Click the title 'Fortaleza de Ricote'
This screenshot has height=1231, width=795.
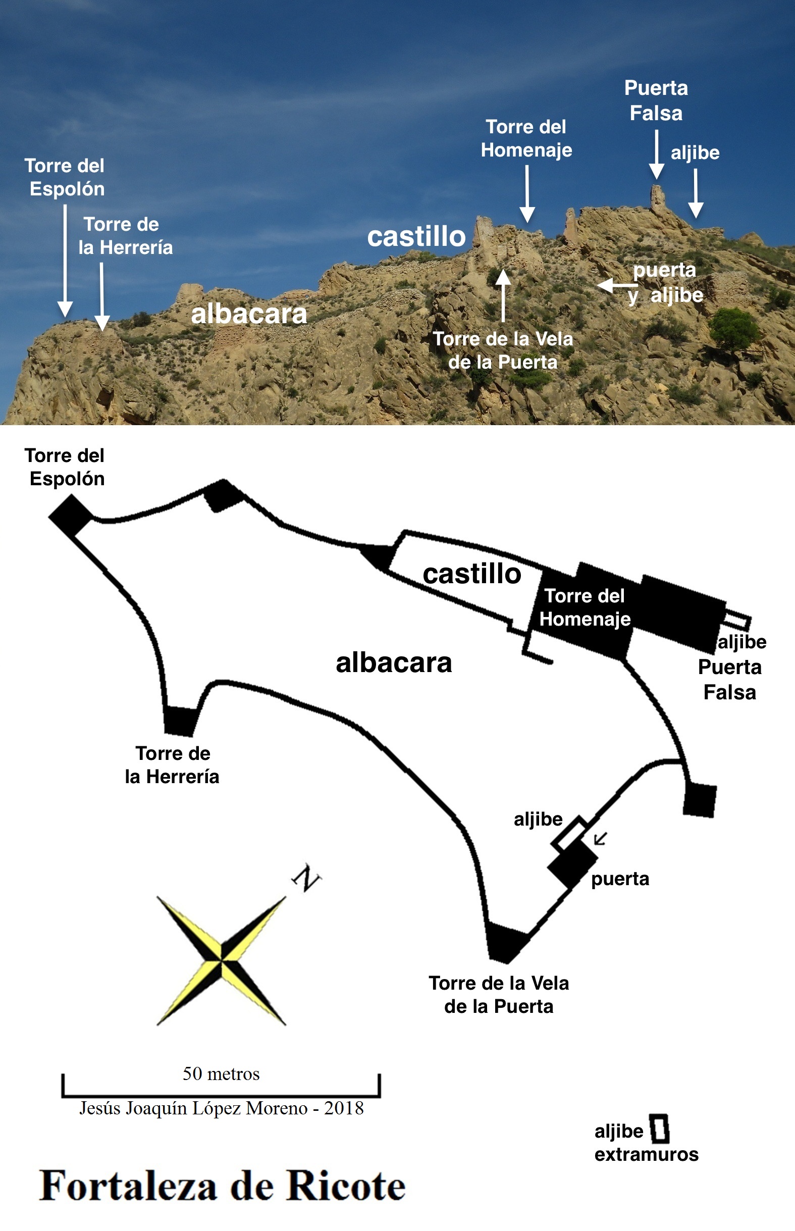(x=223, y=1186)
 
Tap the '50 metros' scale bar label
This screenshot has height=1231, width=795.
(x=221, y=1073)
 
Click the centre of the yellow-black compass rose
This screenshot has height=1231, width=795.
(x=222, y=960)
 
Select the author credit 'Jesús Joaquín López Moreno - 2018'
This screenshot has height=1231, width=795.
(x=221, y=1108)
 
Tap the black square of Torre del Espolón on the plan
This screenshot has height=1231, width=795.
(x=71, y=516)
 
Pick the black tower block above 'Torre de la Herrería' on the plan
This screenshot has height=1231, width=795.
(x=180, y=721)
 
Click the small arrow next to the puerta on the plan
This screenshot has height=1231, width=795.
(x=600, y=839)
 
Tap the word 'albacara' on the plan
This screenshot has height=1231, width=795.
(x=393, y=662)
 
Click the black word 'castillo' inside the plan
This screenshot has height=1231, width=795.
(x=472, y=574)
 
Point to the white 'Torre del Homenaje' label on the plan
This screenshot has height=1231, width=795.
(x=585, y=607)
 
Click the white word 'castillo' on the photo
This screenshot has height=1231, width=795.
(x=416, y=236)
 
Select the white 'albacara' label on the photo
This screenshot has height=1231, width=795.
(x=249, y=314)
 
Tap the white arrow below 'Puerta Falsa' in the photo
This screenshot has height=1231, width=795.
(x=657, y=155)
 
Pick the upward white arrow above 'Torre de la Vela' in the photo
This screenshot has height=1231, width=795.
(x=503, y=295)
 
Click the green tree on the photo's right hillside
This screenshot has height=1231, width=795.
(x=733, y=328)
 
